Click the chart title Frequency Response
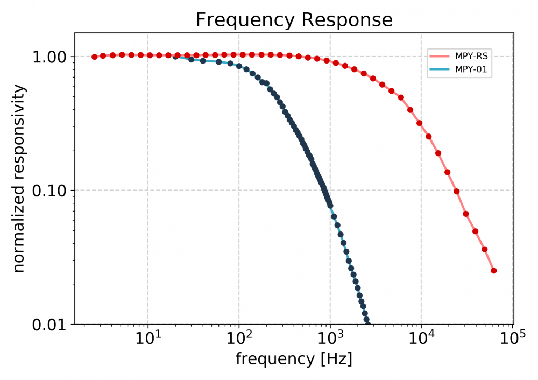294,20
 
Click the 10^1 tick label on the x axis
148,339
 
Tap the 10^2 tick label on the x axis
239,339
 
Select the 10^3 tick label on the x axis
330,339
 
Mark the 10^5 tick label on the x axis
512,339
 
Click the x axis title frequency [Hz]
294,359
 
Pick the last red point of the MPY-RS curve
494,271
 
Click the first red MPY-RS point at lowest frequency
95,57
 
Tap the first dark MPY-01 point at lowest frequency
175,56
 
